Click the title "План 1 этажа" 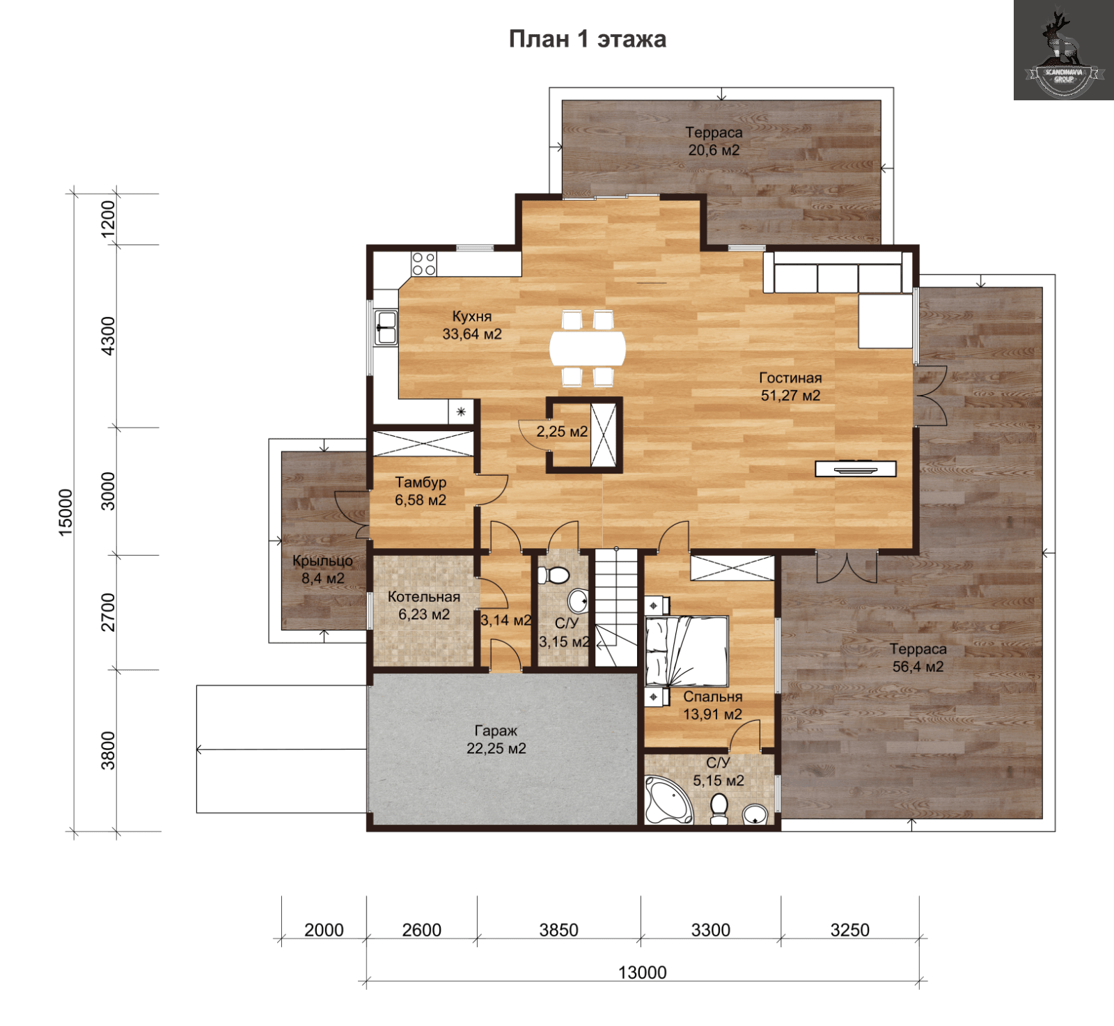point(587,39)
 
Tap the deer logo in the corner point(1063,50)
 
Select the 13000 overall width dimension point(642,972)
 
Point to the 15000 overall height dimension point(65,512)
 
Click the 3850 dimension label point(558,930)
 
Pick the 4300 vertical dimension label point(108,336)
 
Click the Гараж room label point(496,731)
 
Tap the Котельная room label point(423,597)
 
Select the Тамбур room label point(421,482)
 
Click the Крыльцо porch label point(322,561)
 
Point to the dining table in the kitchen point(588,348)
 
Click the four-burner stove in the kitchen point(423,264)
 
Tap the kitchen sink point(385,327)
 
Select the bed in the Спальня point(687,651)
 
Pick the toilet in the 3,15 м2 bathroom point(554,575)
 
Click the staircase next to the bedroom point(616,607)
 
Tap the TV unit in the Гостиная point(856,469)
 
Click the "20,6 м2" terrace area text point(714,150)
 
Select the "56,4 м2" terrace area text point(918,667)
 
